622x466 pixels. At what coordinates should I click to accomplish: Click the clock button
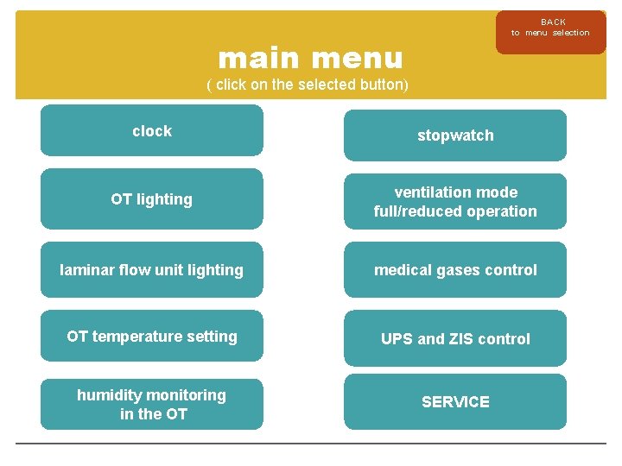[x=151, y=130]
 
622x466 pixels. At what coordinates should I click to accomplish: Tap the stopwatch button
[x=455, y=135]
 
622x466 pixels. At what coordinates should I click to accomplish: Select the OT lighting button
[x=151, y=198]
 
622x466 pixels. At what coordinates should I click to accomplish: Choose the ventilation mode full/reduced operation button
[x=455, y=202]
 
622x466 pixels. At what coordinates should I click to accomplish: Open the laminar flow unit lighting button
[x=151, y=270]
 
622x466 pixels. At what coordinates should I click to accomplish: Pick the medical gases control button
[x=455, y=270]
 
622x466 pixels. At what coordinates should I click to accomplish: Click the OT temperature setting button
[x=151, y=337]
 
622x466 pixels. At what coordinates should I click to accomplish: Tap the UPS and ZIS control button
[x=455, y=339]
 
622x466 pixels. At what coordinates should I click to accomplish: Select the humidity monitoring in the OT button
[x=151, y=404]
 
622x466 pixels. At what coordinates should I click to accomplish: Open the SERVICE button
[x=455, y=401]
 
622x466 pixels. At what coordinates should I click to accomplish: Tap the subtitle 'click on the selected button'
[x=307, y=85]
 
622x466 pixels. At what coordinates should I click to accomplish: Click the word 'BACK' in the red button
[x=553, y=22]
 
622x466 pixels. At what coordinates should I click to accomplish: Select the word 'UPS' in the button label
[x=397, y=339]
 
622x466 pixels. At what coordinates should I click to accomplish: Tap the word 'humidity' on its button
[x=110, y=395]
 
